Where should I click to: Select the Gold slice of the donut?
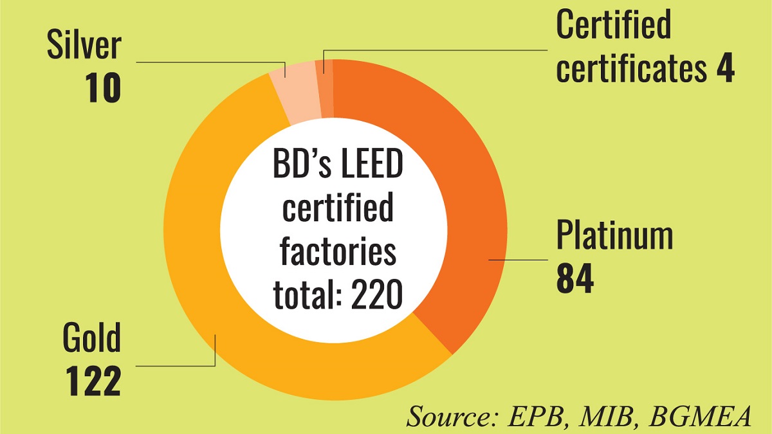pyautogui.click(x=193, y=257)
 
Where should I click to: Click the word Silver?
pyautogui.click(x=84, y=46)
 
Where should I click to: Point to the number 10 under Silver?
pyautogui.click(x=103, y=89)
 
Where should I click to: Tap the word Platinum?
pyautogui.click(x=614, y=236)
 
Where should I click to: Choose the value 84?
pyautogui.click(x=575, y=280)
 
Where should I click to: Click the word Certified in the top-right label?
pyautogui.click(x=613, y=26)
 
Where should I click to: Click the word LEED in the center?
pyautogui.click(x=365, y=168)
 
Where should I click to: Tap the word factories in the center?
pyautogui.click(x=338, y=253)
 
